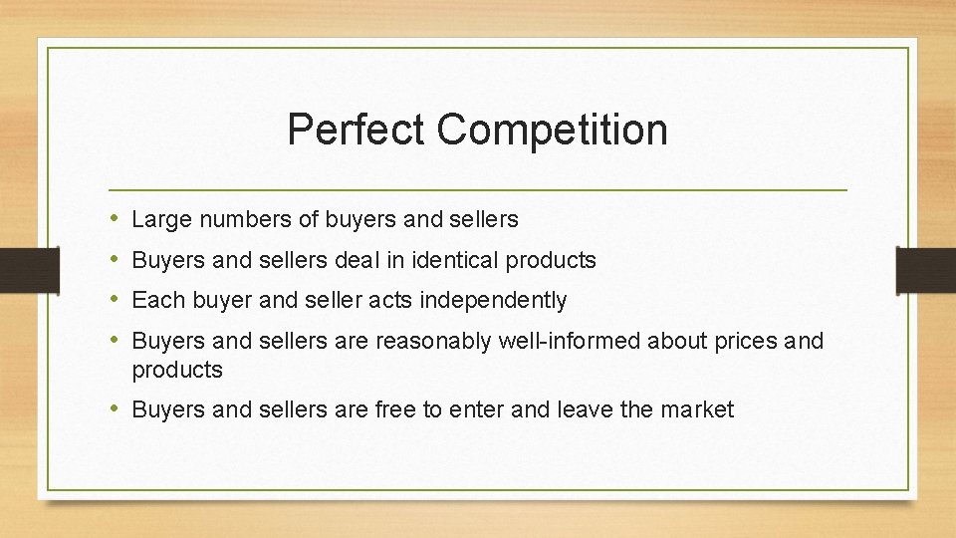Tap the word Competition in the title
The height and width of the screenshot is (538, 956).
click(x=552, y=130)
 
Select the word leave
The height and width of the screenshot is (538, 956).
click(x=586, y=409)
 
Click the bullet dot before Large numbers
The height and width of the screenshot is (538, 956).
click(x=116, y=219)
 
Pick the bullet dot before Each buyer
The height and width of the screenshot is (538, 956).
click(x=116, y=300)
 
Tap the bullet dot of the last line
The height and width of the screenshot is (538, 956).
click(x=116, y=409)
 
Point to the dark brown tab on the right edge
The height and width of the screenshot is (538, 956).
click(x=926, y=270)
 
